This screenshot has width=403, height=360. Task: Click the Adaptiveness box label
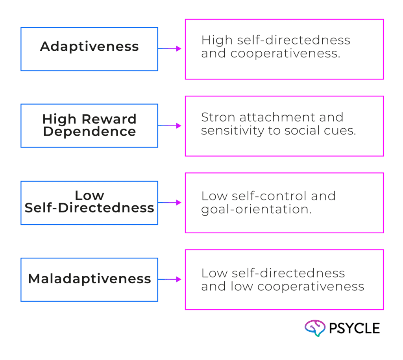click(x=89, y=46)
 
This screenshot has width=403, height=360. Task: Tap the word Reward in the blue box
click(x=109, y=119)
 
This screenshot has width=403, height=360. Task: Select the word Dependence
click(x=89, y=131)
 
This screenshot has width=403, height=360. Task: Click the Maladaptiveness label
click(x=89, y=279)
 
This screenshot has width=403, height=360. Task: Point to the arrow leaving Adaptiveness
click(x=170, y=48)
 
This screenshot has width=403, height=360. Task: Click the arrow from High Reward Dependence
click(x=170, y=126)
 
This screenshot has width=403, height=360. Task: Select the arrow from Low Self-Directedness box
click(x=170, y=203)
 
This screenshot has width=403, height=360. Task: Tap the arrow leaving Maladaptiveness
click(x=170, y=279)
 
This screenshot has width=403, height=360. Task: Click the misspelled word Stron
click(x=218, y=117)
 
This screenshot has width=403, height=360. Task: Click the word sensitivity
click(x=232, y=131)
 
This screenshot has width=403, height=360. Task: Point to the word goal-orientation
click(x=256, y=209)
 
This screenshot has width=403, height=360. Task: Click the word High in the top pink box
click(x=217, y=40)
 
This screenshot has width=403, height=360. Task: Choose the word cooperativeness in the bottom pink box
click(x=311, y=287)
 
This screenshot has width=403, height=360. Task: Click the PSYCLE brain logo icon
click(x=315, y=328)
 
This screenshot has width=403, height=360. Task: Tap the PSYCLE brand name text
click(x=355, y=329)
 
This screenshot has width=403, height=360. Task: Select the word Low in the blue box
click(x=89, y=196)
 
